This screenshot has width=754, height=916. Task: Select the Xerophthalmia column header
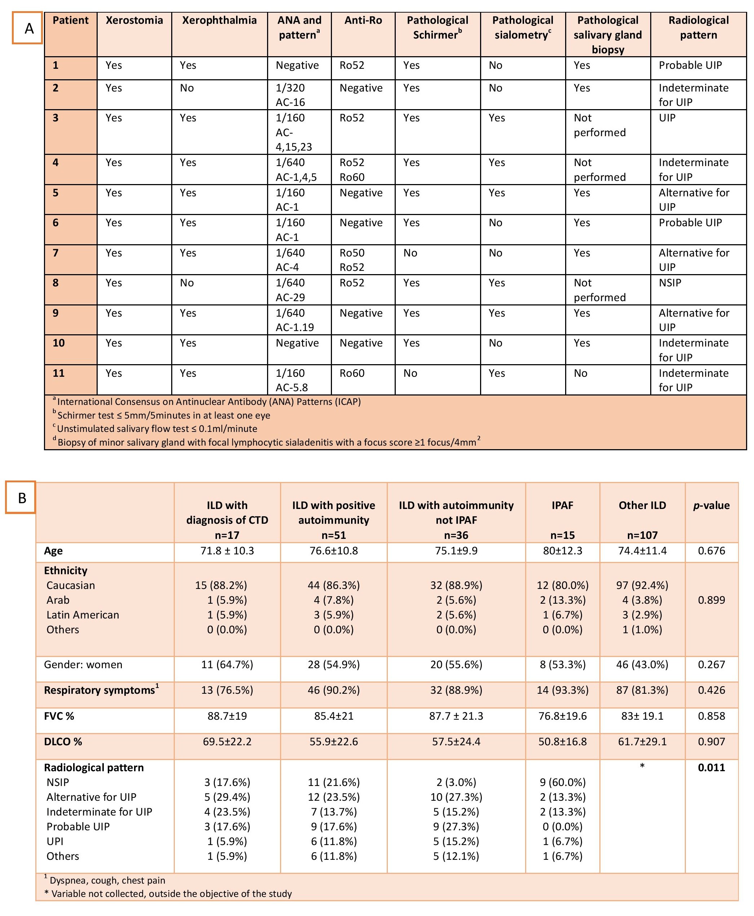pos(219,21)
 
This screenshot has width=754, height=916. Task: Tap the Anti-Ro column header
pos(363,21)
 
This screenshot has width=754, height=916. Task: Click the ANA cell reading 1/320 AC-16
pos(290,95)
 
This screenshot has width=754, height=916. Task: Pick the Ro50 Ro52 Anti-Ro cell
pos(352,260)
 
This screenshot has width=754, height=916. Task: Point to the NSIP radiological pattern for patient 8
pos(670,283)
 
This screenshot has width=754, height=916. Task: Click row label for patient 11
pos(59,373)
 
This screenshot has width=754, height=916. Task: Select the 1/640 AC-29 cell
pos(290,290)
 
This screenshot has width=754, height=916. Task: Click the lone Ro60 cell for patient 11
pos(352,373)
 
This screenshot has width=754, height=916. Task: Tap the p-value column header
pos(711,505)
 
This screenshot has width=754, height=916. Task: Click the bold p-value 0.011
pos(711,767)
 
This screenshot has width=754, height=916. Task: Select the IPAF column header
pos(563,505)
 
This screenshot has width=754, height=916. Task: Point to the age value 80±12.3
pos(563,550)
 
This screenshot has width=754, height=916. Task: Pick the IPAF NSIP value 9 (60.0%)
pos(563,782)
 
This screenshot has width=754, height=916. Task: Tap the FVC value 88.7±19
pos(227,716)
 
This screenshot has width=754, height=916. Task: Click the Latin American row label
pos(83,615)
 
